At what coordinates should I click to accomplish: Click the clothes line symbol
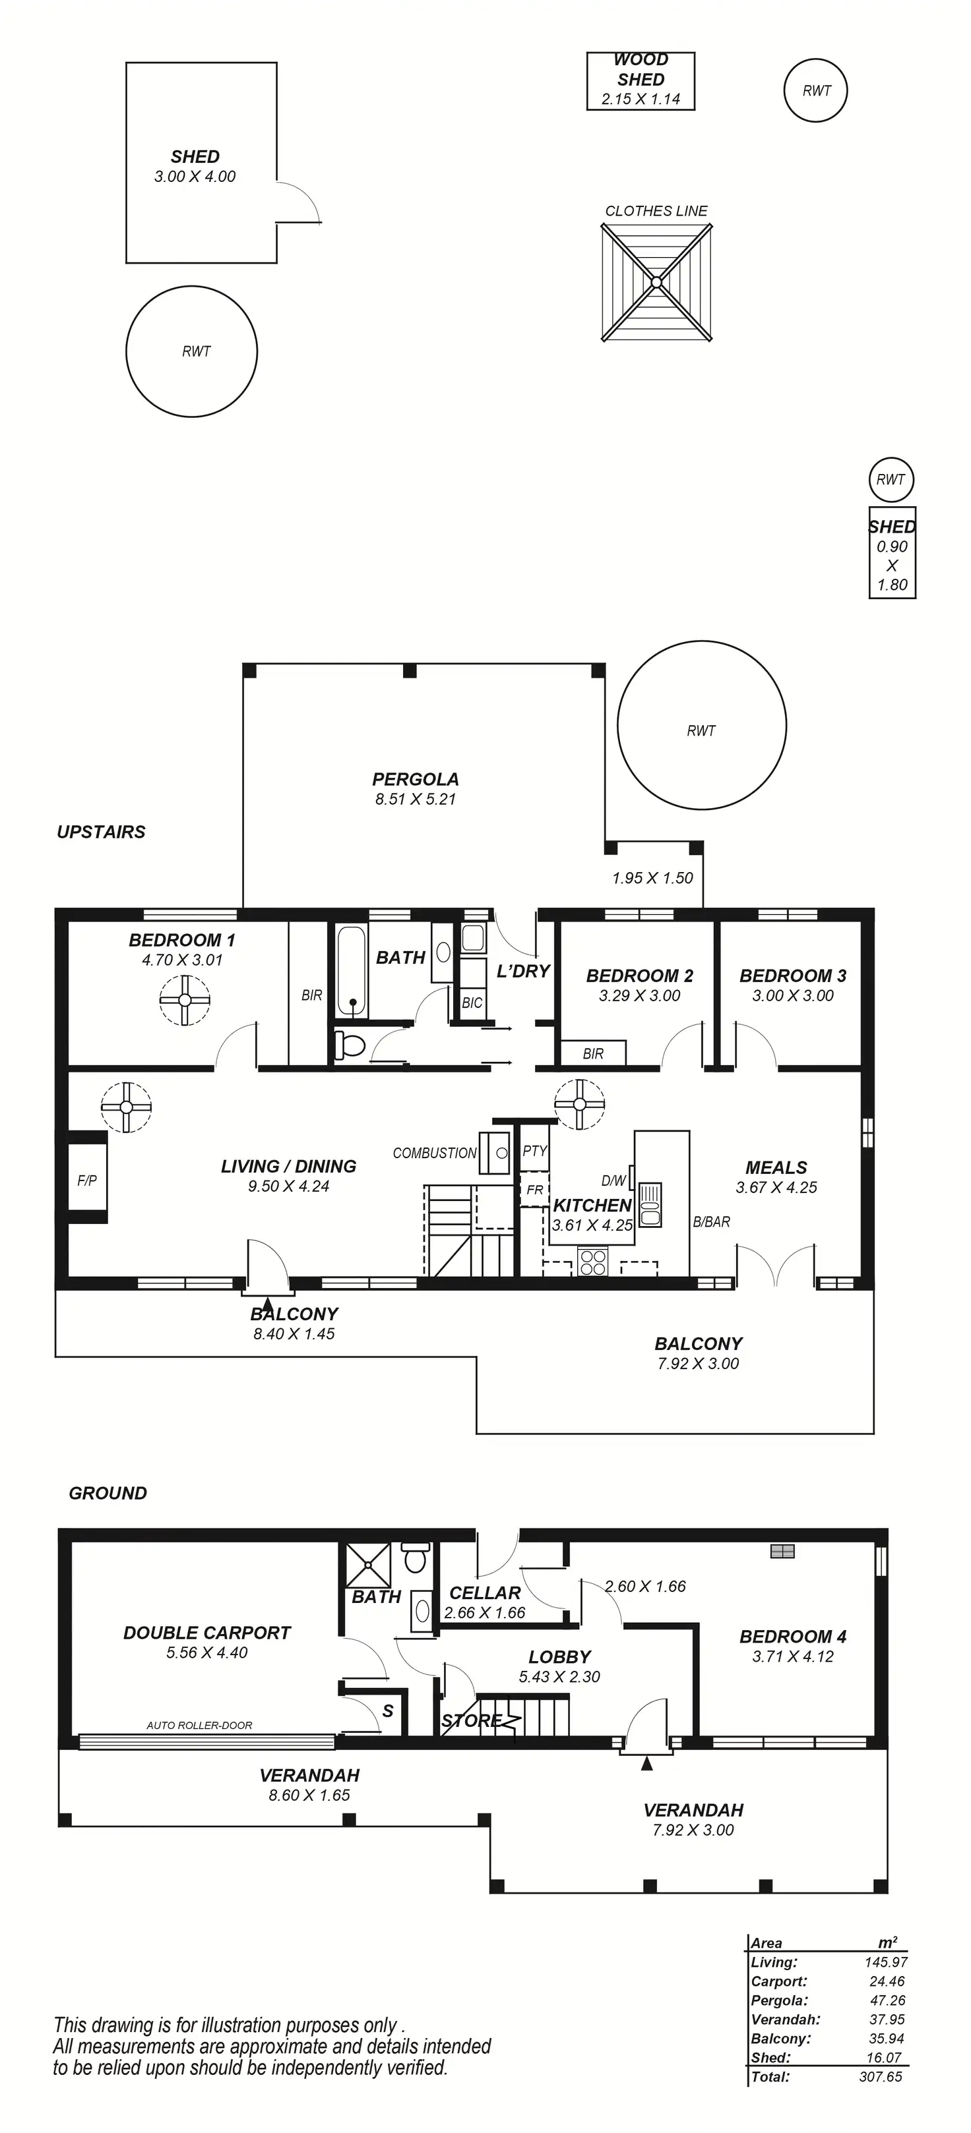coord(656,282)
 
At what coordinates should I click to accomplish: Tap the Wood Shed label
coord(641,71)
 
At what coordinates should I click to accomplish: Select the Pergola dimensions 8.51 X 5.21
coord(415,799)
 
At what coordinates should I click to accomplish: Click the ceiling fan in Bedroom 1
coord(185,999)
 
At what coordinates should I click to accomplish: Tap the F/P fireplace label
coord(87,1180)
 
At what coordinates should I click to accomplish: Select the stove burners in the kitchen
coord(592,1261)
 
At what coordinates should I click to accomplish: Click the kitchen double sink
coord(650,1203)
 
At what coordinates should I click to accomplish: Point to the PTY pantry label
coord(534,1150)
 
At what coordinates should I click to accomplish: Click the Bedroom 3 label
coord(793,976)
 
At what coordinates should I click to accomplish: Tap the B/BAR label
coord(712,1221)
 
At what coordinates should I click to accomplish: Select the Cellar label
coord(485,1592)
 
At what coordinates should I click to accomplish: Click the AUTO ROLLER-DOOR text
coord(199,1725)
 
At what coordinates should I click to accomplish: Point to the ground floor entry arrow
coord(646,1765)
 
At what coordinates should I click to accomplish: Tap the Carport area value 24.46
coord(887,1981)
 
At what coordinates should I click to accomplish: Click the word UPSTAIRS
coord(101,832)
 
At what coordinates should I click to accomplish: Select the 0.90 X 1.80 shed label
coord(893,565)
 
